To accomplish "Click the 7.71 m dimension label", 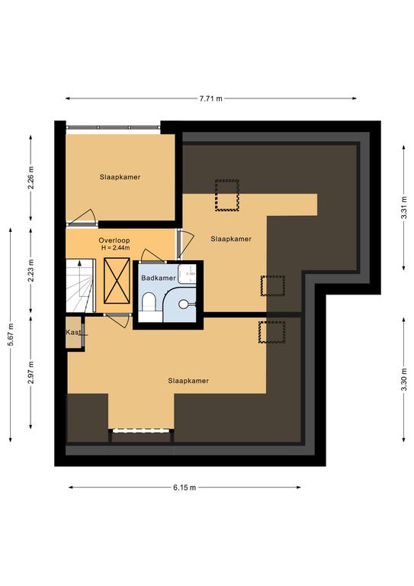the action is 211,98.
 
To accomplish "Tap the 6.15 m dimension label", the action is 185,488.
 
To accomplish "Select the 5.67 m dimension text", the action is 11,335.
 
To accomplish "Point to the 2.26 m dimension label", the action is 30,178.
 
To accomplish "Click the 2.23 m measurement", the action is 30,271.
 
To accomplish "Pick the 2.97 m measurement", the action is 30,372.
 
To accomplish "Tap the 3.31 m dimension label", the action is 403,208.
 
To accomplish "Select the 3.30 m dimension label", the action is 403,380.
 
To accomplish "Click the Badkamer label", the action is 159,278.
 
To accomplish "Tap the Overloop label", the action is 114,240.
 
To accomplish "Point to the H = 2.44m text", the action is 115,248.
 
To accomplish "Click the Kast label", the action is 73,332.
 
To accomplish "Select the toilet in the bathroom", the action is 149,302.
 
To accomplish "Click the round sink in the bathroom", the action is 184,304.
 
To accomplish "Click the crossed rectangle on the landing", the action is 117,280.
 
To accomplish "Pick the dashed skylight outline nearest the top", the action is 227,195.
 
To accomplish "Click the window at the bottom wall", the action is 142,430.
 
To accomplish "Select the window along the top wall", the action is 113,127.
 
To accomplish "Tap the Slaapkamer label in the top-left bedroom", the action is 120,177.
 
